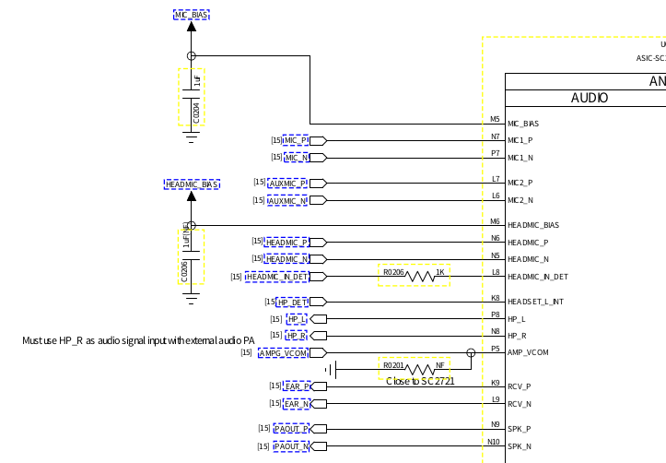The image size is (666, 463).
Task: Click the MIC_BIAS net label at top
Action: click(x=191, y=16)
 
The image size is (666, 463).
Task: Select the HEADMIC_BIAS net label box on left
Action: click(x=192, y=184)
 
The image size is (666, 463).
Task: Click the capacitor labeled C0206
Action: click(x=191, y=256)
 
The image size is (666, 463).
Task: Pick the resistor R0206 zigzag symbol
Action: click(x=420, y=276)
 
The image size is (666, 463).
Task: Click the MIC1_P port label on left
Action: click(x=295, y=140)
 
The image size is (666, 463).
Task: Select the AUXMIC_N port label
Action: click(x=287, y=200)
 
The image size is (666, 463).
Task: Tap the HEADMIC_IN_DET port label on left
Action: click(x=277, y=276)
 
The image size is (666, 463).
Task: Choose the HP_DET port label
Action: click(x=291, y=302)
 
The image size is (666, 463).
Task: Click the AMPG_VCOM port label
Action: click(x=282, y=352)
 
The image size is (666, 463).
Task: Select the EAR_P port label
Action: click(x=297, y=386)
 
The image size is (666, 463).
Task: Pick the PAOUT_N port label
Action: click(x=291, y=446)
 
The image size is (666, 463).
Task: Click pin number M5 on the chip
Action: click(x=495, y=119)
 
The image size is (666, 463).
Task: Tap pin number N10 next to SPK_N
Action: click(x=493, y=442)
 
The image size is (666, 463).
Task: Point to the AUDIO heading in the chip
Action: click(x=590, y=98)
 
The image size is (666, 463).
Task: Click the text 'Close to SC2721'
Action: click(x=420, y=381)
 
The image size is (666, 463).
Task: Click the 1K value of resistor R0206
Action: click(x=440, y=272)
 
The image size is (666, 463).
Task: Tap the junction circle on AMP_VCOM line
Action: click(x=471, y=352)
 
